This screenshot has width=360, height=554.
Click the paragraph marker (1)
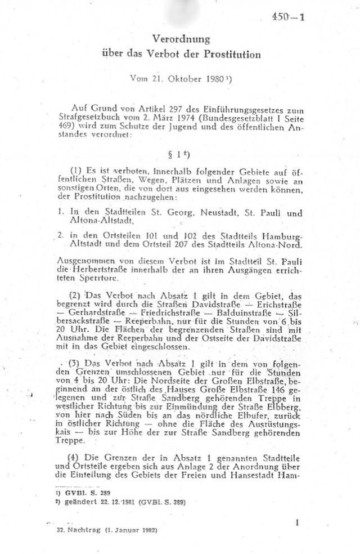(x=76, y=171)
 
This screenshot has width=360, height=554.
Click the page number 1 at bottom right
(x=296, y=523)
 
